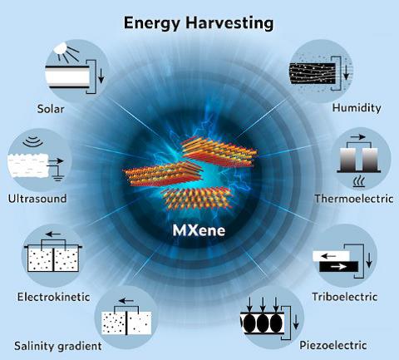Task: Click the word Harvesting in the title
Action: coord(229,23)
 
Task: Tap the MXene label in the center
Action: coord(199,230)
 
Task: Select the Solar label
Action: coord(51,109)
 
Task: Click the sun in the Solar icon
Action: coord(62,47)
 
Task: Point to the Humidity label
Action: coord(357,108)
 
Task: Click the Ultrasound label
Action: coord(37,199)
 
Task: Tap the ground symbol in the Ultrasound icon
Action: coord(57,177)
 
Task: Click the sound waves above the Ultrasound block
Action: coord(33,141)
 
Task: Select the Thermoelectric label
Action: coord(354,199)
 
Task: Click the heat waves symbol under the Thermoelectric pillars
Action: coord(359,181)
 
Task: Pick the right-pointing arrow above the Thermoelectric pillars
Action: coord(357,137)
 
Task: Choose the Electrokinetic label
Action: coord(54,297)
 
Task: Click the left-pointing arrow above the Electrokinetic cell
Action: coord(53,234)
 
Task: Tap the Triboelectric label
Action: coord(345,297)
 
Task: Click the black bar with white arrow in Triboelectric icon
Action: coord(339,267)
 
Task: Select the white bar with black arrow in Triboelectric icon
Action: coord(332,256)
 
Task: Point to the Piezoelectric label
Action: coord(333,345)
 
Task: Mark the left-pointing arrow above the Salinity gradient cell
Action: coord(126,301)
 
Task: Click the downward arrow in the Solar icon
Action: coord(101,76)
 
